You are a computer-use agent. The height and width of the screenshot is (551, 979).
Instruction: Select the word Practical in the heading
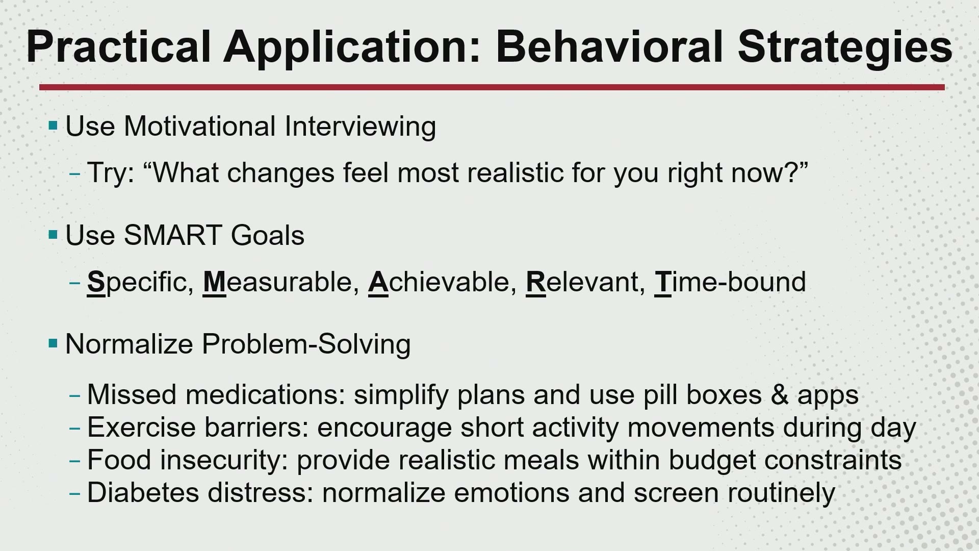point(118,46)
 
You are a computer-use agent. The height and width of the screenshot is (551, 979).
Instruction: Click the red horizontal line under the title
point(492,87)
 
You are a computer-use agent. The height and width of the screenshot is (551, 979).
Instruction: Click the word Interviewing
point(360,127)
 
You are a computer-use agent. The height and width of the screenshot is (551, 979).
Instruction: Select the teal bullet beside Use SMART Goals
point(53,235)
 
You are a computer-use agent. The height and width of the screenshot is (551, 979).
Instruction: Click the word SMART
point(173,235)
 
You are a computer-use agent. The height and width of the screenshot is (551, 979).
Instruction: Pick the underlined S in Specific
point(96,282)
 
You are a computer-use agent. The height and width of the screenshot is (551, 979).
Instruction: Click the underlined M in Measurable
point(214,282)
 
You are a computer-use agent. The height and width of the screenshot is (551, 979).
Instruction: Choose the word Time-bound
point(730,282)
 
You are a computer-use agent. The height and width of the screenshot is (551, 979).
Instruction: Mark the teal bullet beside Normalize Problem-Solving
point(53,343)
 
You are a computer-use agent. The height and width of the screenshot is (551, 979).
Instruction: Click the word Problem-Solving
point(306,344)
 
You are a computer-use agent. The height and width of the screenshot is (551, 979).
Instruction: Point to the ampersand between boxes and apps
point(780,395)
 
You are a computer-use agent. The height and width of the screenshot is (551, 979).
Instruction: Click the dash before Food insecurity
point(75,461)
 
